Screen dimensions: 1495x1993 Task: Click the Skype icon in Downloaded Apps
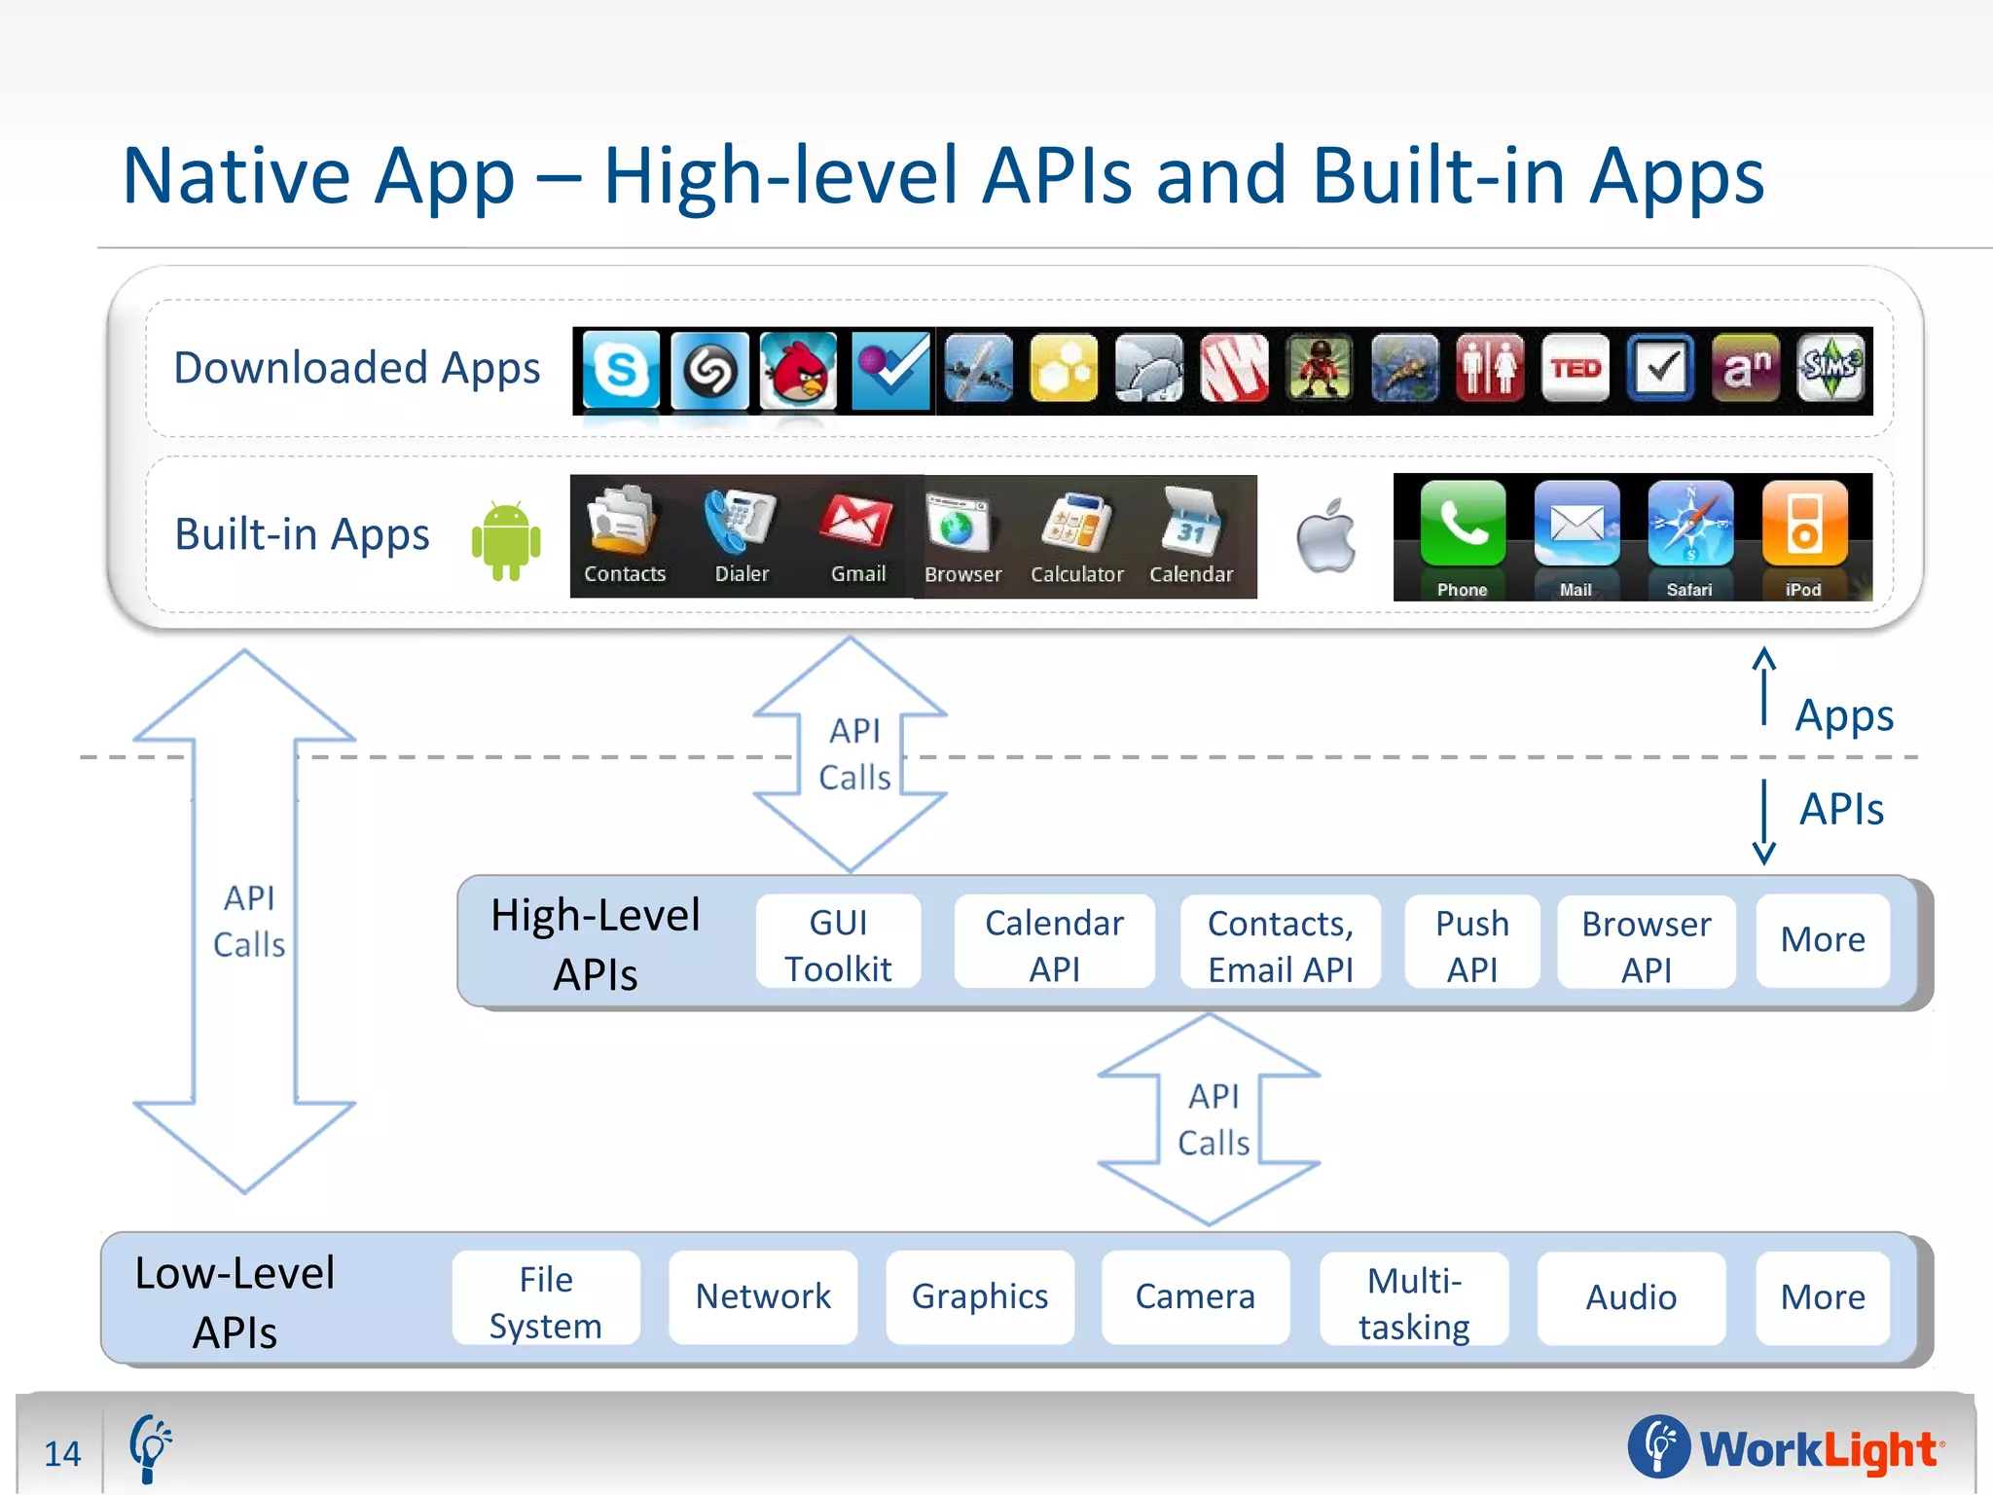[621, 370]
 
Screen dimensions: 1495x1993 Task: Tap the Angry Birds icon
[798, 370]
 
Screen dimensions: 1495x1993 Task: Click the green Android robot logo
[506, 541]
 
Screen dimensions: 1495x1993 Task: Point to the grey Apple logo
[1326, 536]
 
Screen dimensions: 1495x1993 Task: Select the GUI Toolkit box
[838, 944]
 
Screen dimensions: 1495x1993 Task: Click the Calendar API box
[1054, 944]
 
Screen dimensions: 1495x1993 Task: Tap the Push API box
[1471, 944]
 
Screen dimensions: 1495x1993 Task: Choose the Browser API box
[1646, 944]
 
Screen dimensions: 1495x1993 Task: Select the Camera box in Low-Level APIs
[1195, 1297]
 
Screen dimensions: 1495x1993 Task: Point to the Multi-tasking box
[1414, 1301]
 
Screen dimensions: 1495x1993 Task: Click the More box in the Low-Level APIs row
[1822, 1297]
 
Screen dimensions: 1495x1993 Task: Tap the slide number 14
[62, 1453]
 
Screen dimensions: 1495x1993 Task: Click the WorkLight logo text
[1818, 1449]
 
